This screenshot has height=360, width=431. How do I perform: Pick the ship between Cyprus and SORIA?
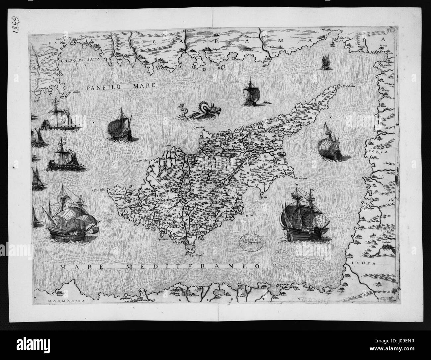(x=330, y=143)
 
